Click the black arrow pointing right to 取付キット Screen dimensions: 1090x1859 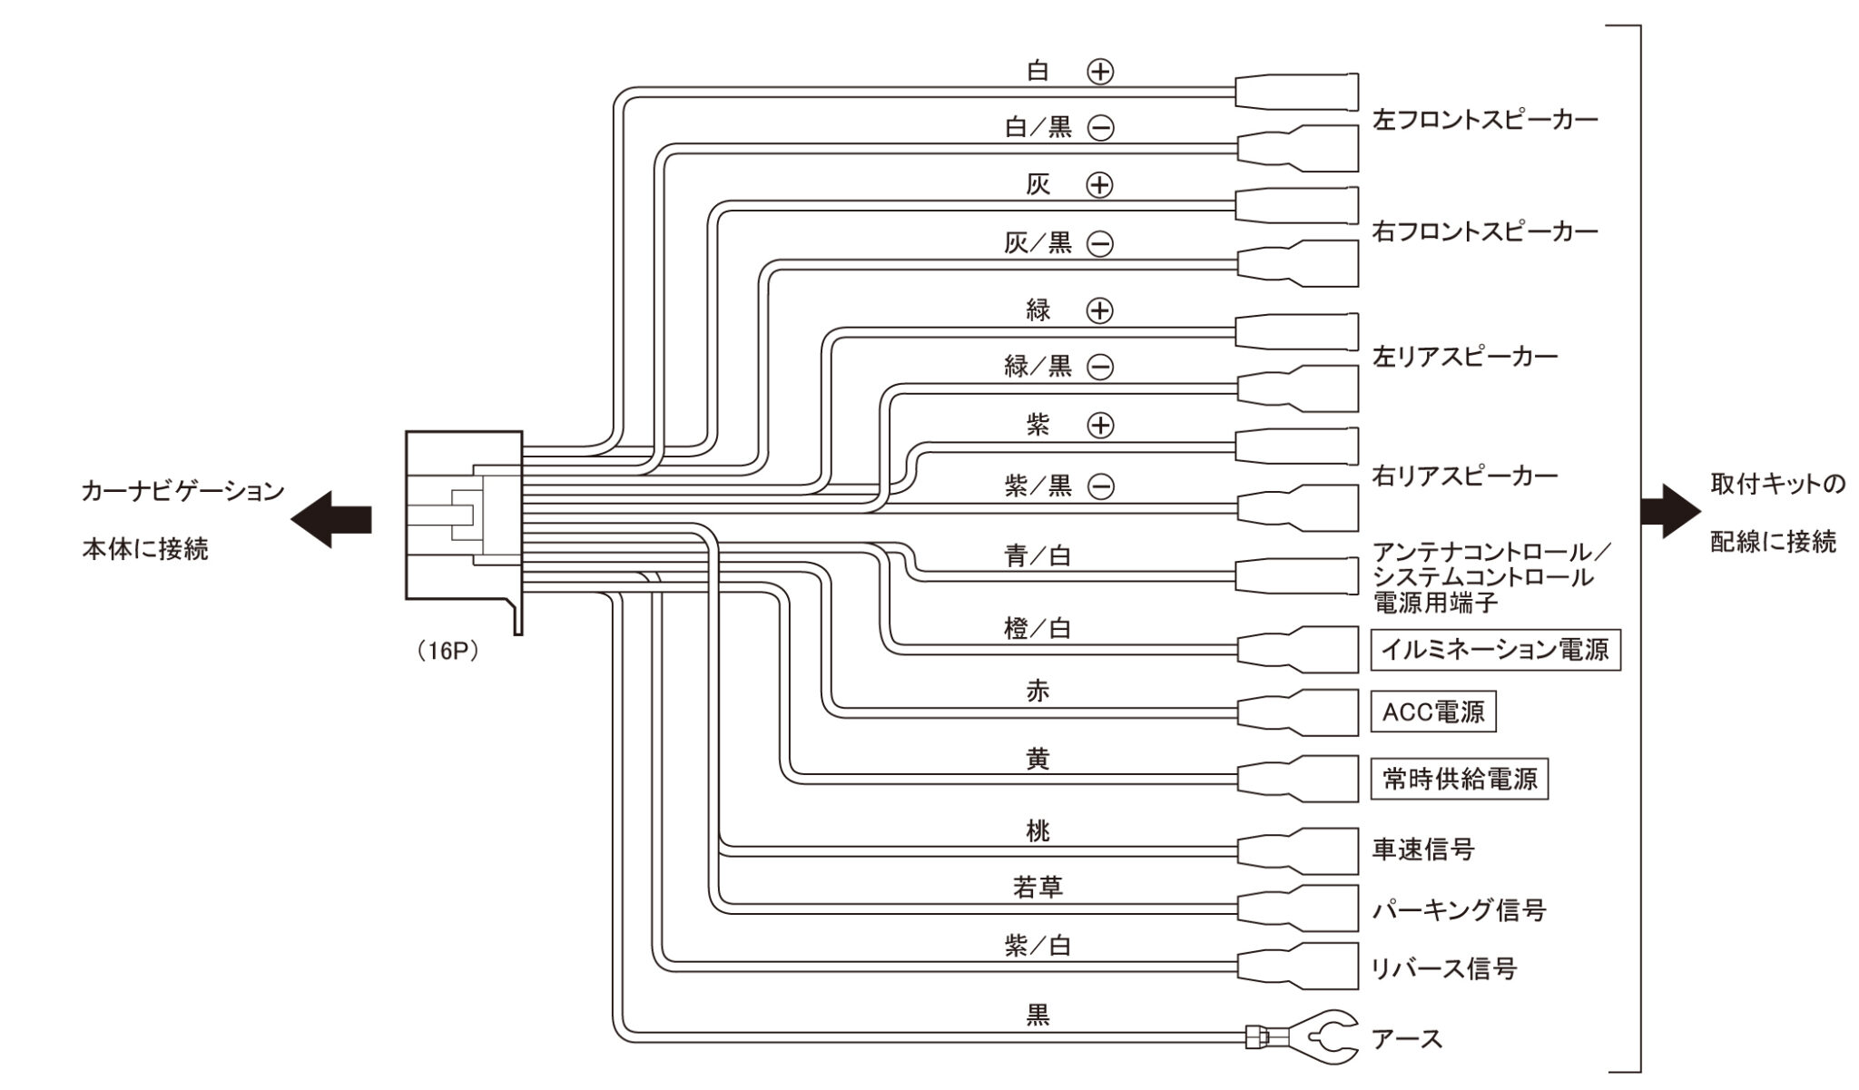click(1670, 511)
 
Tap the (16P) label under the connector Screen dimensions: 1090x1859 click(448, 652)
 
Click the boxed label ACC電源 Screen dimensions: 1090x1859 click(1432, 712)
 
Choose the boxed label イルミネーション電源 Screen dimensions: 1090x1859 click(1495, 650)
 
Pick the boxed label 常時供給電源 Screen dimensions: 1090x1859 click(1459, 779)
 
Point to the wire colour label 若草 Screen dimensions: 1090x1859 click(1038, 887)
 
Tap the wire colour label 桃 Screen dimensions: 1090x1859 click(1038, 830)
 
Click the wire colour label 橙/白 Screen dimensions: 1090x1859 click(1038, 628)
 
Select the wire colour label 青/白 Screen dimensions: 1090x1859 click(1038, 555)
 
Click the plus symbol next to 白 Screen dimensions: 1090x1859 click(1100, 72)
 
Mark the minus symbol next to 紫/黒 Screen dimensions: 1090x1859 click(1100, 487)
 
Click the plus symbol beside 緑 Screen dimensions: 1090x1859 click(1100, 311)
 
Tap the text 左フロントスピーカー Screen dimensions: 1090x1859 click(1485, 120)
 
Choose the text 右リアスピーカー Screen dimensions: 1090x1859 click(1465, 476)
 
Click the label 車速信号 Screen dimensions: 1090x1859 click(1422, 849)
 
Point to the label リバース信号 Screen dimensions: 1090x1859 click(1443, 968)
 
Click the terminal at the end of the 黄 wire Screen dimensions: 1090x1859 click(1299, 779)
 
